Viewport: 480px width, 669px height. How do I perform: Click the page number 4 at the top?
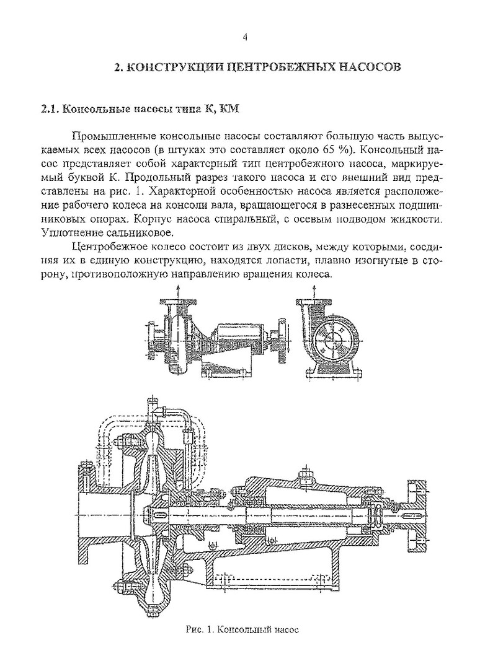(245, 38)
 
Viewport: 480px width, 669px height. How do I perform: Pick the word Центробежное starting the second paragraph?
(110, 247)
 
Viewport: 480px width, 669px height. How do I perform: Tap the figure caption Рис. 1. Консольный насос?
(242, 630)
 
